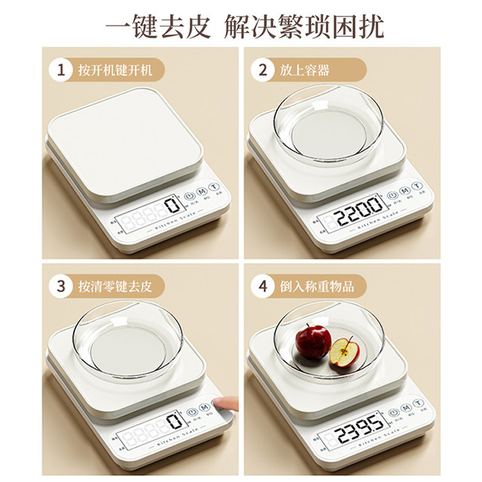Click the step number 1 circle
tap(59, 71)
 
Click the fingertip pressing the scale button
tap(224, 407)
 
